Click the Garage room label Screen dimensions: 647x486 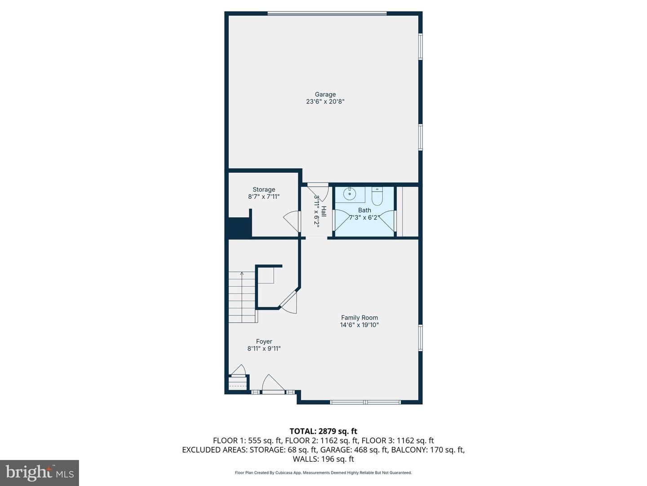pyautogui.click(x=325, y=94)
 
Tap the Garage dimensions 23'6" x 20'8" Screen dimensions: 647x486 pyautogui.click(x=325, y=102)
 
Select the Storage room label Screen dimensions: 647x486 pyautogui.click(x=264, y=189)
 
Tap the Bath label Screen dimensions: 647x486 pyautogui.click(x=364, y=211)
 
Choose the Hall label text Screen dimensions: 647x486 pyautogui.click(x=323, y=211)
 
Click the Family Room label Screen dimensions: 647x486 pyautogui.click(x=359, y=318)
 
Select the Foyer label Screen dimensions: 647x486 pyautogui.click(x=264, y=342)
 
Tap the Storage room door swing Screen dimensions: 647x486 pyautogui.click(x=292, y=221)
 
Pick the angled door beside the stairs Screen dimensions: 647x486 pyautogui.click(x=289, y=302)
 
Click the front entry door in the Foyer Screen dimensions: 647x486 pyautogui.click(x=273, y=384)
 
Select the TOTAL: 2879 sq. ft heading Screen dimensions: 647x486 pyautogui.click(x=323, y=432)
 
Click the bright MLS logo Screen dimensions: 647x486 pyautogui.click(x=40, y=473)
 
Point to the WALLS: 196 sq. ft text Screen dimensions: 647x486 pyautogui.click(x=323, y=459)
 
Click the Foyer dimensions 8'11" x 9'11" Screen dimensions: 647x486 pyautogui.click(x=264, y=349)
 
